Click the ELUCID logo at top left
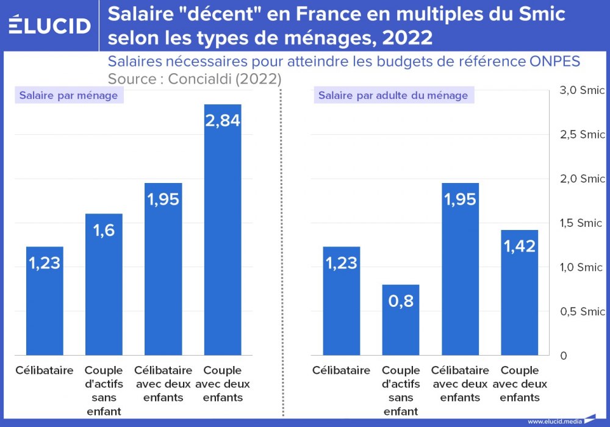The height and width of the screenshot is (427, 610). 49,25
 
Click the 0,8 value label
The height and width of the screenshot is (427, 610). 401,301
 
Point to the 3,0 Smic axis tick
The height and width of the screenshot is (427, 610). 582,90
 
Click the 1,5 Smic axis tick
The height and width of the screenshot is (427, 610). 582,223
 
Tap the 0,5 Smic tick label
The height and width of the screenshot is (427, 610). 582,312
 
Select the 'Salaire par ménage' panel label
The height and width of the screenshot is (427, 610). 68,95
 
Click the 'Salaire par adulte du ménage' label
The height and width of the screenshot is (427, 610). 393,95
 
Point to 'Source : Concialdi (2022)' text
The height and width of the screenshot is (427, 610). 194,79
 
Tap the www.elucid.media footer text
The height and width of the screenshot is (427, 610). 554,421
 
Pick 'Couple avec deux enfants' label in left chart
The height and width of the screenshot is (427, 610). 223,384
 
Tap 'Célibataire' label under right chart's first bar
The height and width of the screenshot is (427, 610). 341,370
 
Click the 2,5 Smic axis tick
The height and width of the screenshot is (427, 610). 582,135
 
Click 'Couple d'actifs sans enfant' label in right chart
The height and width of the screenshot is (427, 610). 401,390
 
